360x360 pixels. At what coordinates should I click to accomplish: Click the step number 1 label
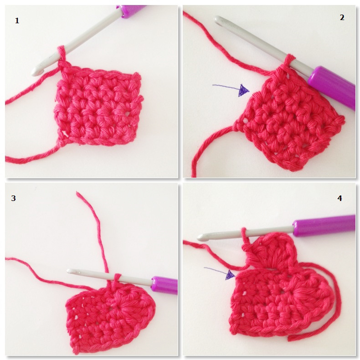[17, 21]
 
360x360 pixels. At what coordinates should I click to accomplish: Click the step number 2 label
[342, 17]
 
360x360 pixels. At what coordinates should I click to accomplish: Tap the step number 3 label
[14, 198]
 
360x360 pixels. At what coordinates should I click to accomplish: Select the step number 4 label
[339, 198]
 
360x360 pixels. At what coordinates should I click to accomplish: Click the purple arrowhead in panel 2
[243, 90]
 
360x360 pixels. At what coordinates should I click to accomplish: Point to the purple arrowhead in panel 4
[230, 275]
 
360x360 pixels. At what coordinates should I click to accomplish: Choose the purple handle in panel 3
[165, 285]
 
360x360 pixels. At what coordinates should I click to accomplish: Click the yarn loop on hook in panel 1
[62, 54]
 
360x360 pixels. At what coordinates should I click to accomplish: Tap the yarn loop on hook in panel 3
[117, 278]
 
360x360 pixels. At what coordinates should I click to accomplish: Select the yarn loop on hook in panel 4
[244, 234]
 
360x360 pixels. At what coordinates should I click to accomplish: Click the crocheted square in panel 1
[99, 106]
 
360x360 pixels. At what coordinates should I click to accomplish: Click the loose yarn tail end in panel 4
[289, 338]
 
